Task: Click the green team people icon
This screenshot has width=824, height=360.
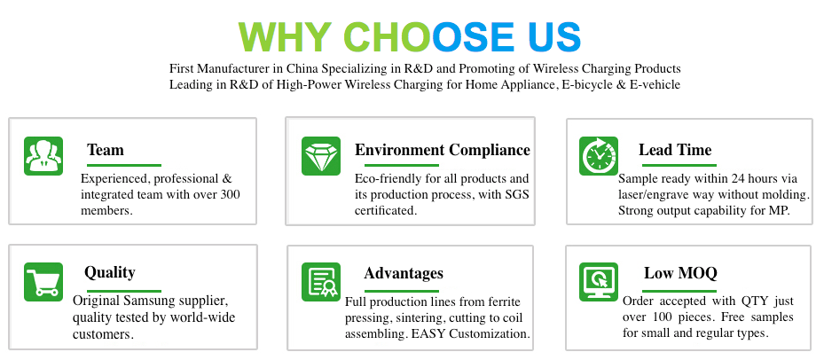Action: point(43,156)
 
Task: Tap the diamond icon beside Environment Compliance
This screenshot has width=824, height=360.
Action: point(321,156)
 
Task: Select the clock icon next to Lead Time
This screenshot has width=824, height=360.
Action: point(599,156)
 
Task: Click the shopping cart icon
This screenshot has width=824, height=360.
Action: point(43,282)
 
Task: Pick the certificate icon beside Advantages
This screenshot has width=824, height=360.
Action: point(321,282)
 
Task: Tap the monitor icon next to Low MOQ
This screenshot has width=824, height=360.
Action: point(599,282)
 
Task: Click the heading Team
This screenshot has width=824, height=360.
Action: point(106,151)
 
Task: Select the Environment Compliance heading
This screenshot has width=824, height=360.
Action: point(443,151)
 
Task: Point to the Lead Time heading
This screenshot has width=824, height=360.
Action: point(675,151)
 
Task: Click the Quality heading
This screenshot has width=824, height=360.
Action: point(110,273)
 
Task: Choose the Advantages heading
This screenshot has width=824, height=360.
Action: point(404,273)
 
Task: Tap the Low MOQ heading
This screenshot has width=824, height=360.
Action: point(680,273)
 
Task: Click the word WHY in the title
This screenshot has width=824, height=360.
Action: point(284,36)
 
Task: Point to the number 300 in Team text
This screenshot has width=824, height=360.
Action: point(229,195)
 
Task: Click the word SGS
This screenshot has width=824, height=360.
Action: point(516,195)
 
